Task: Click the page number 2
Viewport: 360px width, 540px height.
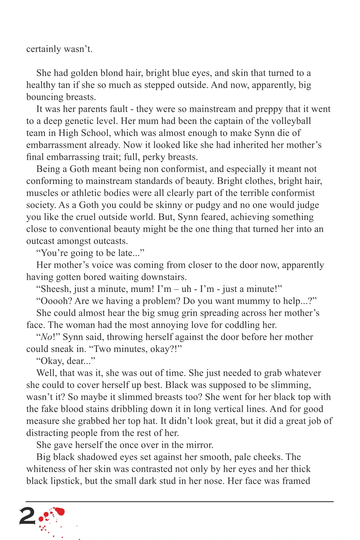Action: [27, 516]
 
